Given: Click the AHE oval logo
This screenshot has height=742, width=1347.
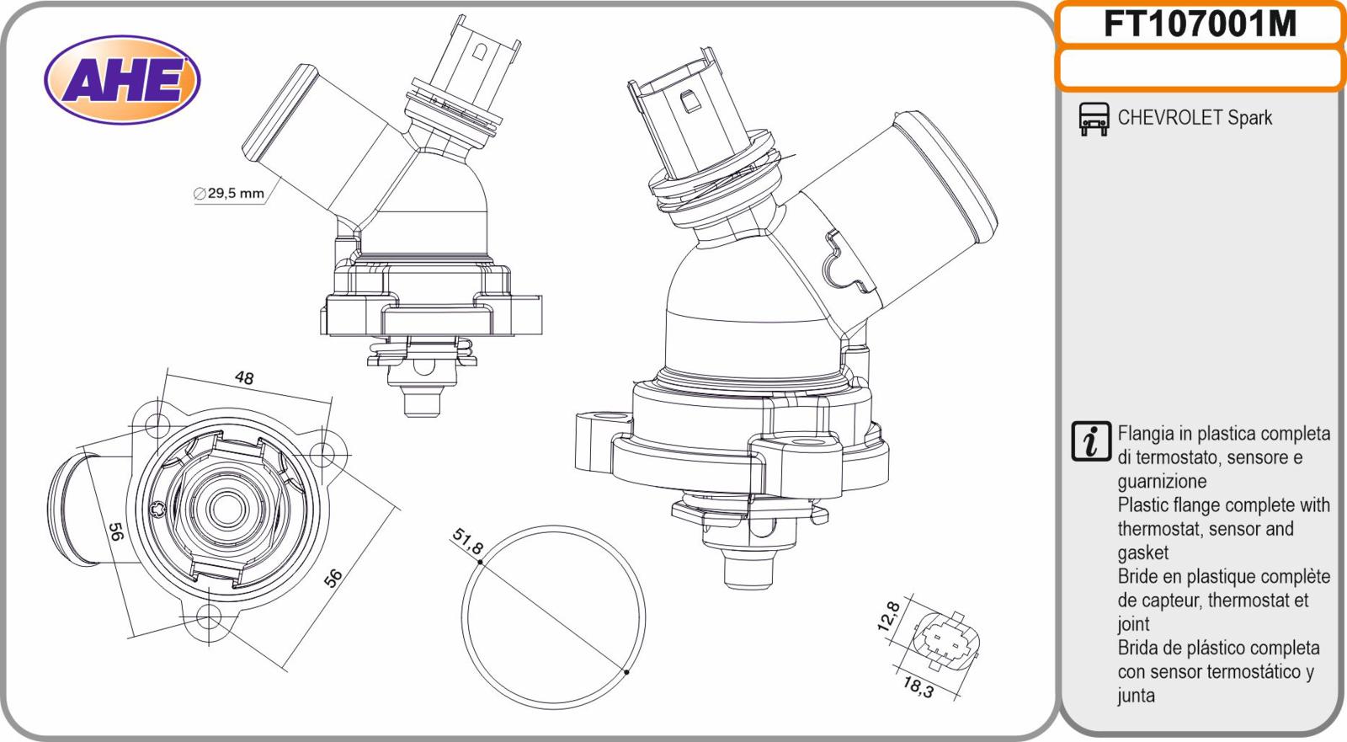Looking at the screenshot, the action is tap(122, 79).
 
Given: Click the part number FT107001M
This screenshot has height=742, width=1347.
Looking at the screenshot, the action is tap(1201, 24).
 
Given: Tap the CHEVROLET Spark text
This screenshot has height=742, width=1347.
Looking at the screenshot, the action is tap(1195, 117).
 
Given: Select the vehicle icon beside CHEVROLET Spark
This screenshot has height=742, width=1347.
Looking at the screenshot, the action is tap(1094, 119).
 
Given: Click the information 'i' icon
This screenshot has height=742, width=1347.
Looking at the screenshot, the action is tap(1091, 441).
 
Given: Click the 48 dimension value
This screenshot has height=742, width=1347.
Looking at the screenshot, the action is tap(244, 377).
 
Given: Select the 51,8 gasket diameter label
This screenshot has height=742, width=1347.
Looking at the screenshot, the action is tap(467, 541).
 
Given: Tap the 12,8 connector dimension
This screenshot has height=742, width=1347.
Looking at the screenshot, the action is tap(888, 617).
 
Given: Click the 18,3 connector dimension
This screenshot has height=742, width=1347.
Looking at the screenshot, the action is tap(918, 686).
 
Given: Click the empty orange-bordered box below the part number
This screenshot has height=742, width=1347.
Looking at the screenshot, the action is tap(1200, 69).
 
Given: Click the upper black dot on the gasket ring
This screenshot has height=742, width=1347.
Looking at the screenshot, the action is tap(480, 562).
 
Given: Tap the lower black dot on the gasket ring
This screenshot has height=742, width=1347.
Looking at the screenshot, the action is tap(626, 671).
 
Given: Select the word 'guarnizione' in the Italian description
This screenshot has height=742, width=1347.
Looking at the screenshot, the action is tap(1162, 482).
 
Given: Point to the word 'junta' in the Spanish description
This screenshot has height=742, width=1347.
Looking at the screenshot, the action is tap(1136, 696).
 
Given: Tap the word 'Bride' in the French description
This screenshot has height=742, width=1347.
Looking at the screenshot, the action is tap(1137, 577).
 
